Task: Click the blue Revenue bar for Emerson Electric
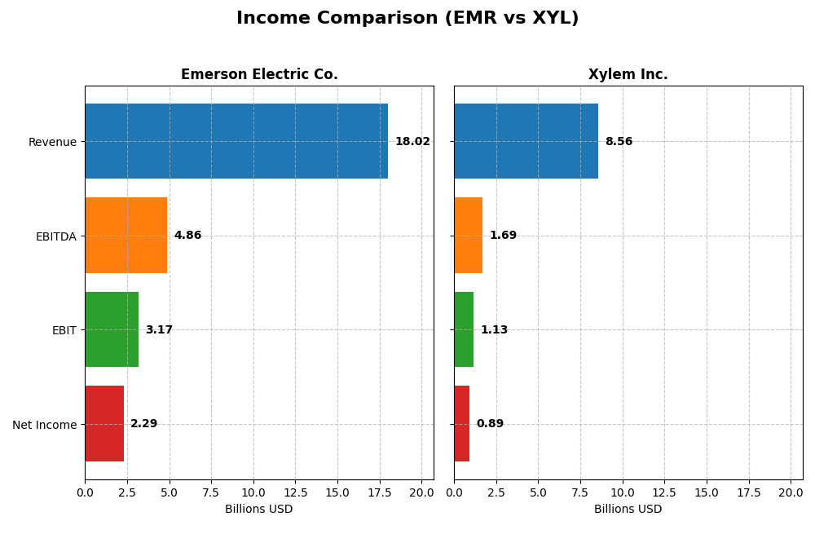(x=236, y=141)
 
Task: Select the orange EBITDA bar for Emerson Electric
(x=126, y=236)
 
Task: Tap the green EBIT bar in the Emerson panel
(x=112, y=329)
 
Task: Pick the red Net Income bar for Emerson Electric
(x=104, y=424)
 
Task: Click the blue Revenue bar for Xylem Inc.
(x=526, y=141)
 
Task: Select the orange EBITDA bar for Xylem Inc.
(x=468, y=236)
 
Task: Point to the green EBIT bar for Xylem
(x=464, y=329)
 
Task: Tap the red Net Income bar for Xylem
(x=461, y=424)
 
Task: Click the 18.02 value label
(x=412, y=142)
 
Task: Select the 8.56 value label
(x=619, y=142)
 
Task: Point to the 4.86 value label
(x=187, y=236)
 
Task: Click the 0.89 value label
(x=490, y=424)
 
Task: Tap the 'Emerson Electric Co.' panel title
(x=259, y=75)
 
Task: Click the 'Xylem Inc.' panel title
(x=628, y=75)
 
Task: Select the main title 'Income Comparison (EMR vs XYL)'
(x=407, y=19)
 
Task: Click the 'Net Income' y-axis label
(x=44, y=425)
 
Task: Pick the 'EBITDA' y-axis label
(x=55, y=236)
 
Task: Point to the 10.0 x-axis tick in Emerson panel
(x=253, y=493)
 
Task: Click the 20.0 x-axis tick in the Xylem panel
(x=791, y=493)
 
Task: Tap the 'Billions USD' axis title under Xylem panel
(x=628, y=510)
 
